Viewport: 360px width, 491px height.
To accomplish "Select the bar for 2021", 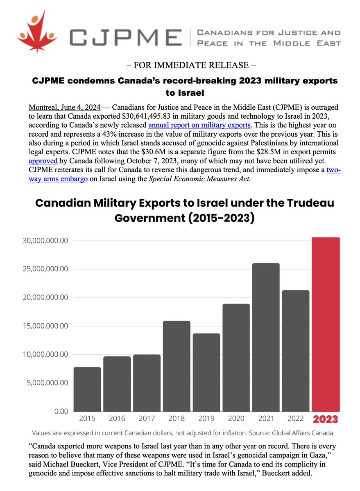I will coord(266,337).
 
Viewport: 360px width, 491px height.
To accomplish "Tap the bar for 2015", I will coord(87,389).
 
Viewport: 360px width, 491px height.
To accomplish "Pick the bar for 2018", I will coord(177,366).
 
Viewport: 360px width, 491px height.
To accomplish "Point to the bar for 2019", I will coord(206,372).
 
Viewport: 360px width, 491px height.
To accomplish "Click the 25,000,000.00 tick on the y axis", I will coord(43,269).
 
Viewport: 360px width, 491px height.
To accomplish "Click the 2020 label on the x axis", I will coord(236,419).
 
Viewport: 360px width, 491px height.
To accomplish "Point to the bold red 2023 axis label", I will coord(326,419).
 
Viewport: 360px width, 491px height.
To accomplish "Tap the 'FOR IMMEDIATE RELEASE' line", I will coord(180,65).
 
